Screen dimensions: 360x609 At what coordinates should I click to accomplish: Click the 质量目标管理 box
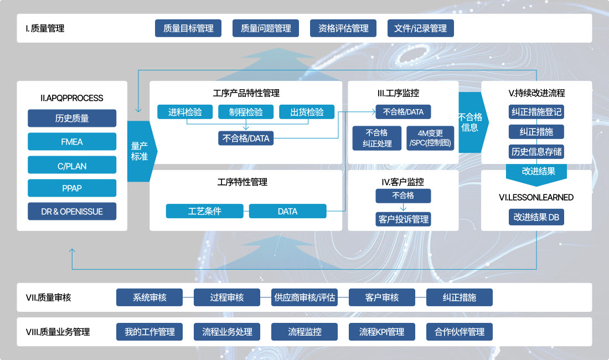188,28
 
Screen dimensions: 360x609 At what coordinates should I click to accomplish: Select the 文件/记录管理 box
420,28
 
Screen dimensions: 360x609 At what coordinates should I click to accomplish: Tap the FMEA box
72,142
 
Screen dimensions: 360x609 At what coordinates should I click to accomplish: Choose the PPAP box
72,188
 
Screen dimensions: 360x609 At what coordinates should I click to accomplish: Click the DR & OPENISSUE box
72,212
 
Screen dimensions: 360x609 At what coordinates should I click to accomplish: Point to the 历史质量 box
72,119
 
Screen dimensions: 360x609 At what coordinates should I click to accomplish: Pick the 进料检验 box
185,112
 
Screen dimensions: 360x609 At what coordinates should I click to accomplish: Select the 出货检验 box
307,112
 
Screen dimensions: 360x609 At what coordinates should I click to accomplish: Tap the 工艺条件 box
205,211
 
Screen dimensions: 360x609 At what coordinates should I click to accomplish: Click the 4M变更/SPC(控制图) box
431,138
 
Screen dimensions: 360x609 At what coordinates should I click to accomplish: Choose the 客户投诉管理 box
403,219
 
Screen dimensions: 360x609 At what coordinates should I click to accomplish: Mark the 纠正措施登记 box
536,112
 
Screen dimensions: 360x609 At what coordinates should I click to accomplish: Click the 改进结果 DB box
536,217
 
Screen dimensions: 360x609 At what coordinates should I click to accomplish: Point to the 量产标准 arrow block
140,151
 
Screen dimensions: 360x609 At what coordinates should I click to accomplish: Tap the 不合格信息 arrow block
470,122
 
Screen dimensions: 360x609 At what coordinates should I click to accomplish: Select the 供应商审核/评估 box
304,297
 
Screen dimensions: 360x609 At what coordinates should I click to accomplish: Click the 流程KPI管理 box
381,332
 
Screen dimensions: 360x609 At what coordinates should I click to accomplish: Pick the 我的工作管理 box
149,332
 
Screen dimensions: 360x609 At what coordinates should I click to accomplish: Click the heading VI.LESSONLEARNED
536,197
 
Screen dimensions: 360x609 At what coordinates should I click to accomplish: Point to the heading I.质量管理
45,28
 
